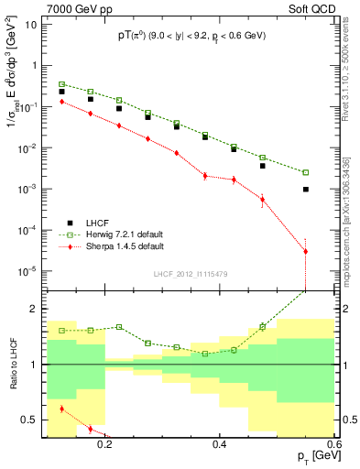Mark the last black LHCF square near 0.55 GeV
click(x=306, y=189)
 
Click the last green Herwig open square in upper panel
click(x=306, y=172)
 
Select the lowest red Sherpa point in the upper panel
click(x=306, y=251)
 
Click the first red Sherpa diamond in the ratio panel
click(x=61, y=409)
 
